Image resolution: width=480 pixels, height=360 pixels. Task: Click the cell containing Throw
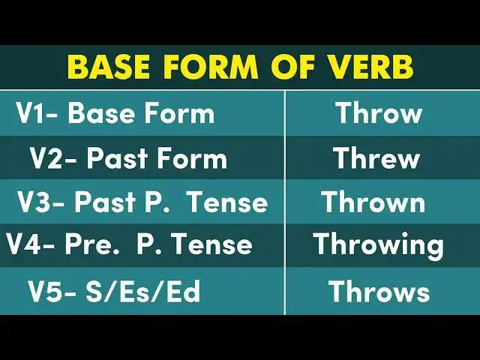pos(379,114)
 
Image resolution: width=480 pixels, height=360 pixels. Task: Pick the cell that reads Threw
pos(376,158)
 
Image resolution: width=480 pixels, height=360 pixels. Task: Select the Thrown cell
pos(373,202)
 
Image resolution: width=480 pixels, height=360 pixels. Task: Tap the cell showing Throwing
pos(379,245)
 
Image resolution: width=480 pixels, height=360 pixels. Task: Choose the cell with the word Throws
pos(379,292)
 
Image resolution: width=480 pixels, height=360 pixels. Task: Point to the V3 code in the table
pos(36,202)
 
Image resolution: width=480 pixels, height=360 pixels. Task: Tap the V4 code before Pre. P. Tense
pos(25,244)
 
